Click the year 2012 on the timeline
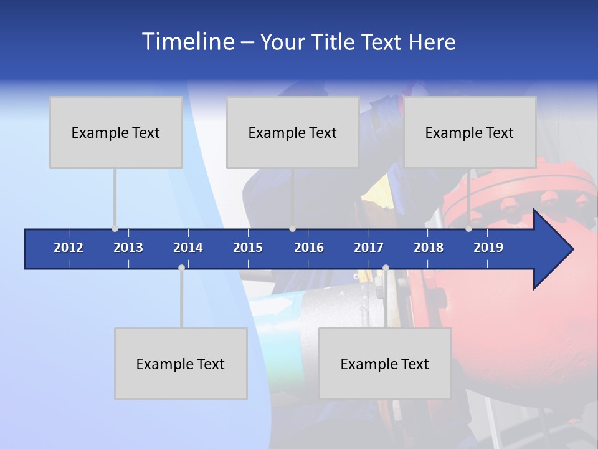(69, 248)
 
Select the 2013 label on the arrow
(128, 248)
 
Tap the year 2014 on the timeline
(188, 248)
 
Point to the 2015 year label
(248, 248)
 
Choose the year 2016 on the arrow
(309, 248)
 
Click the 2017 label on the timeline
(369, 248)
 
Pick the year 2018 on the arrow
(429, 248)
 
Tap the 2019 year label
(488, 248)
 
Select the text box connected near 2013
(116, 132)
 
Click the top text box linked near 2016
(293, 132)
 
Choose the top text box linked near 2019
(470, 132)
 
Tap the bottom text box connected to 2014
(181, 364)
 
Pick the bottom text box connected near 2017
(385, 364)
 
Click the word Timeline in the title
(187, 42)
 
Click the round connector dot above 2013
(115, 229)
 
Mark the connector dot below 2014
(181, 268)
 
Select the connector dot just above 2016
(292, 229)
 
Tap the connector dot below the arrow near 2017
(386, 268)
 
